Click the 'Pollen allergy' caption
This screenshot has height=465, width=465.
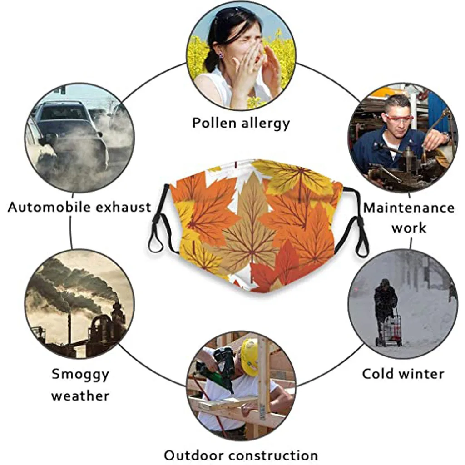click(x=241, y=123)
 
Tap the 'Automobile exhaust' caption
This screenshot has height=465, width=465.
click(x=79, y=208)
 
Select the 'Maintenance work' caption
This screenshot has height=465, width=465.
click(x=409, y=218)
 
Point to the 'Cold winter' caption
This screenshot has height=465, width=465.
click(x=403, y=374)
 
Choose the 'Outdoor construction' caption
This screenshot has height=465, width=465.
click(x=241, y=455)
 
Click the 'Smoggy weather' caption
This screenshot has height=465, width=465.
click(x=80, y=385)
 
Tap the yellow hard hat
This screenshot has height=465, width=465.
click(x=249, y=357)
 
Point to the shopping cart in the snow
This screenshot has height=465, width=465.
click(x=392, y=330)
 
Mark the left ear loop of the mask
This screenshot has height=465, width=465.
click(x=158, y=222)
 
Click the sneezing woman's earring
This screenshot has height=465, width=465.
click(x=221, y=56)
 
